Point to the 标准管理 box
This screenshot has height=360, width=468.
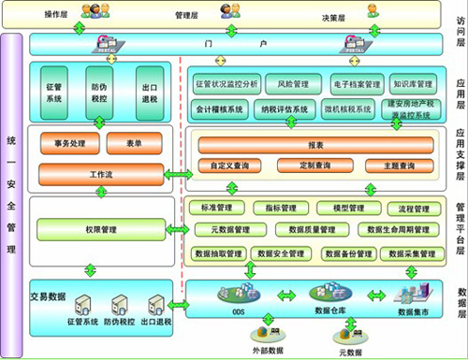[216, 208]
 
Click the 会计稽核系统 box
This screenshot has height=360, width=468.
[221, 109]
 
